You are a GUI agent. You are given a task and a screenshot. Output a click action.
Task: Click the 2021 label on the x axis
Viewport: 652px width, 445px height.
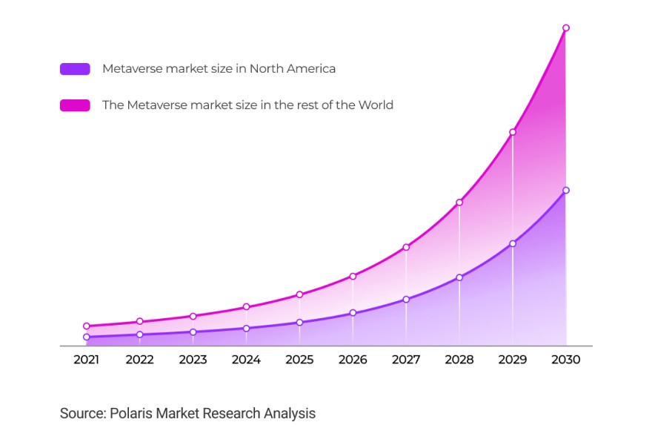pyautogui.click(x=87, y=360)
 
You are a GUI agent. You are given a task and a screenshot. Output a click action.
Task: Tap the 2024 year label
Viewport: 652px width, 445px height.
pyautogui.click(x=246, y=360)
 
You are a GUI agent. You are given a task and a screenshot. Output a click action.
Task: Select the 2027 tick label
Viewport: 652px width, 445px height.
pyautogui.click(x=406, y=360)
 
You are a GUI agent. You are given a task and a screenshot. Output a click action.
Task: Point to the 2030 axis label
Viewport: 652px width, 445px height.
pyautogui.click(x=566, y=360)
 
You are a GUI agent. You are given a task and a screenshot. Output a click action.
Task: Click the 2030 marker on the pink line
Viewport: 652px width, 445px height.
pyautogui.click(x=566, y=28)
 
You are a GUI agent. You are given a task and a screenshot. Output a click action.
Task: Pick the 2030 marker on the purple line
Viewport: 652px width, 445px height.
pyautogui.click(x=566, y=191)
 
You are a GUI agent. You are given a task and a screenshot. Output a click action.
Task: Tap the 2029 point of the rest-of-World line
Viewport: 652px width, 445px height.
pyautogui.click(x=513, y=132)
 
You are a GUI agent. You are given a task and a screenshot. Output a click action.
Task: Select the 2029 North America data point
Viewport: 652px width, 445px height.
pyautogui.click(x=513, y=243)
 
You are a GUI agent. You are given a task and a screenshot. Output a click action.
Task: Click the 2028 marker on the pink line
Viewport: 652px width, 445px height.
pyautogui.click(x=459, y=202)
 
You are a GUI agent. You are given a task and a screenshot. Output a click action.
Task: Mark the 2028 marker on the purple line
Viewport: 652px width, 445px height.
pyautogui.click(x=459, y=277)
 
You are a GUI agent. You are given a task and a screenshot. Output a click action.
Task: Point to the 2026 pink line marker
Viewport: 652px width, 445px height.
pyautogui.click(x=353, y=277)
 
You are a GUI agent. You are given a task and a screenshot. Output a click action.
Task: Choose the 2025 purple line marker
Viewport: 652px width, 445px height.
pyautogui.click(x=299, y=323)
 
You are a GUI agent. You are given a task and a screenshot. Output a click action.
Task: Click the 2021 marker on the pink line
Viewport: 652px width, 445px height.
pyautogui.click(x=87, y=326)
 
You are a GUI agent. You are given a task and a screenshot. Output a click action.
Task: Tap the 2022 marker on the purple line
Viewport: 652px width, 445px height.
pyautogui.click(x=140, y=334)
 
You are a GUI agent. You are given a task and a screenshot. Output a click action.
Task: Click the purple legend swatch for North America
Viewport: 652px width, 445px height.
pyautogui.click(x=75, y=69)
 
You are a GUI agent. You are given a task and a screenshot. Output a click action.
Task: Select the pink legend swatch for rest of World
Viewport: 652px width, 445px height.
pyautogui.click(x=75, y=105)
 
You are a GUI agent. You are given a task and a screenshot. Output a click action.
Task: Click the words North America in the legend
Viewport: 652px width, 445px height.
pyautogui.click(x=293, y=69)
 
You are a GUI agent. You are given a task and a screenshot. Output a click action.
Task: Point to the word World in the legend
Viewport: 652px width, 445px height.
pyautogui.click(x=376, y=105)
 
